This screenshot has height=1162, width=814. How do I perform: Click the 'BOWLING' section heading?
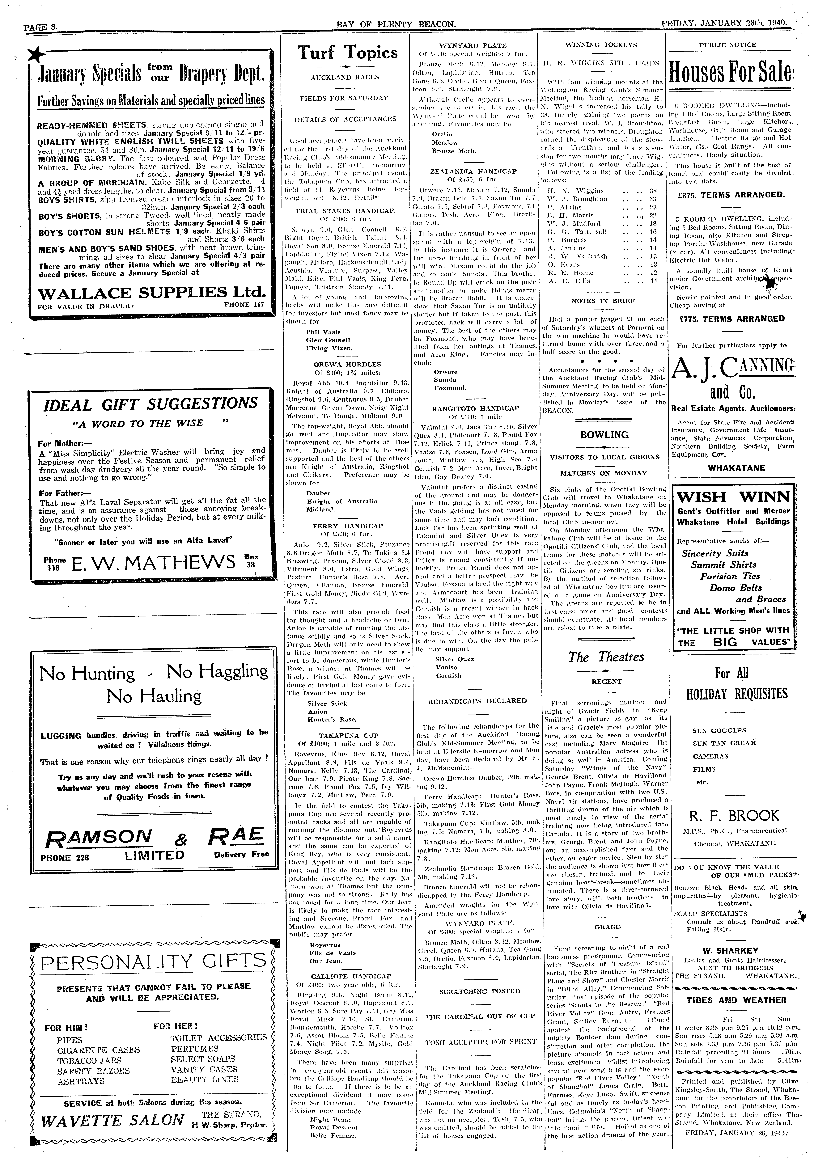[604, 435]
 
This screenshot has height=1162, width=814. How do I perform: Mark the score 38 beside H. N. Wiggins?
[653, 191]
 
